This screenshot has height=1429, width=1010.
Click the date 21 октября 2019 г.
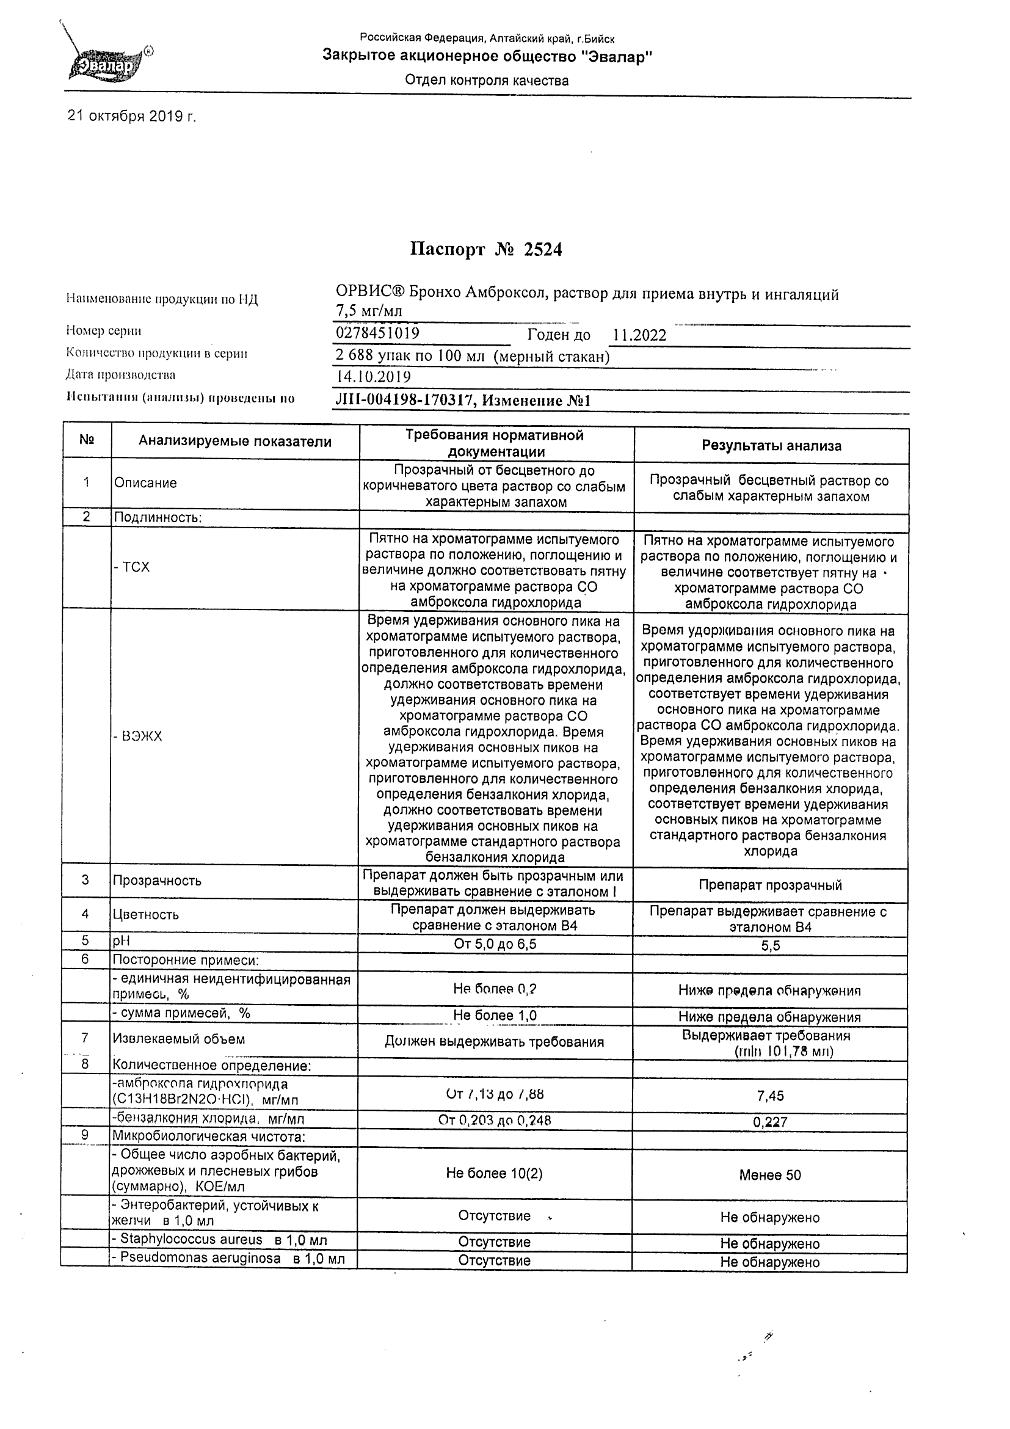[x=131, y=117]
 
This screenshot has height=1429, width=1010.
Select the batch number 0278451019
[x=377, y=333]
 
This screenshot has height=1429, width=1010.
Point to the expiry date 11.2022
[x=639, y=335]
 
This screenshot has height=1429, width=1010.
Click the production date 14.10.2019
[x=372, y=377]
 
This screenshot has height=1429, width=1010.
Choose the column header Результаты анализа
[x=771, y=446]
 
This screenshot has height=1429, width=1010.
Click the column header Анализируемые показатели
[x=234, y=442]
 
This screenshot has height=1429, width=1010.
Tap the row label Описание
[x=145, y=483]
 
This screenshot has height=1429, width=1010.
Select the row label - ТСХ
[x=132, y=567]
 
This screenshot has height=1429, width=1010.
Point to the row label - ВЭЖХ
[x=137, y=737]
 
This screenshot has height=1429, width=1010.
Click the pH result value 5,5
[x=770, y=946]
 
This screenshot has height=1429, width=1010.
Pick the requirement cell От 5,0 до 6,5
[x=495, y=944]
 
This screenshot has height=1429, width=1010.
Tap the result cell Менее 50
[x=770, y=1175]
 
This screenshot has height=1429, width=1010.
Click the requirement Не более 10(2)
[x=494, y=1174]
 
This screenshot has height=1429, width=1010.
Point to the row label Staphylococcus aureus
[x=220, y=1239]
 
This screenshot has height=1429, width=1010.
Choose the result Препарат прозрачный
[x=770, y=885]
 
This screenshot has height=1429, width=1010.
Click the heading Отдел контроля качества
[x=487, y=80]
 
